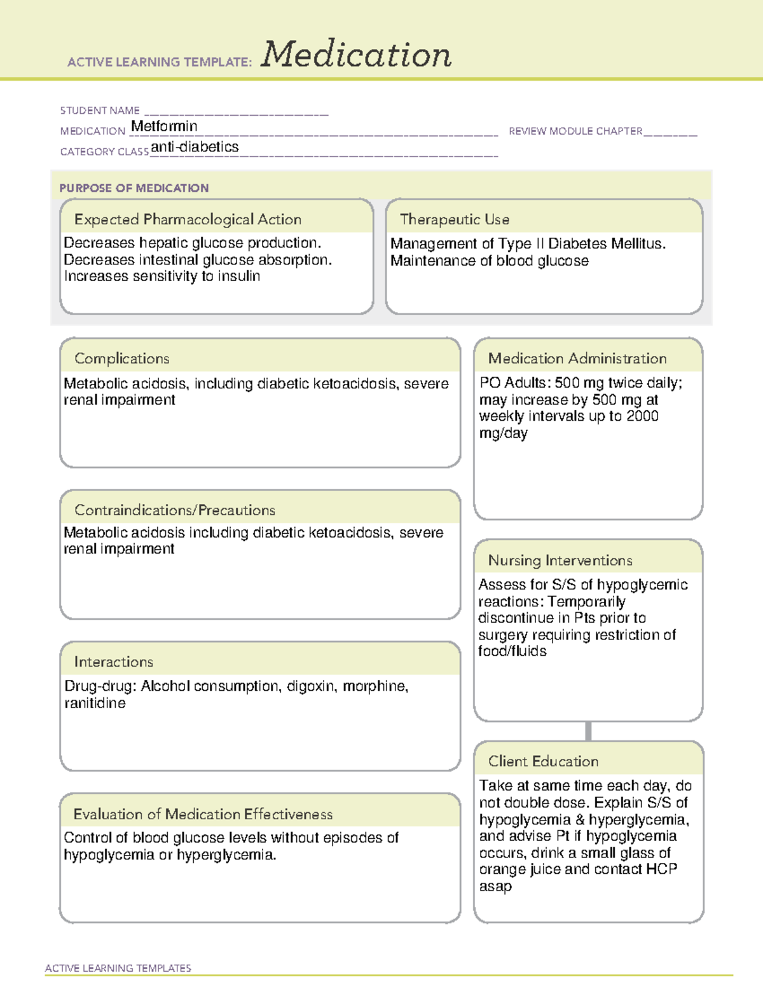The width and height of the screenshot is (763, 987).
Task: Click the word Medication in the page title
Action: click(356, 55)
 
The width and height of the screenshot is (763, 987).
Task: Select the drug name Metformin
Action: click(164, 126)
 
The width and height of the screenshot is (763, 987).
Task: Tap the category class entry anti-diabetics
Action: click(195, 147)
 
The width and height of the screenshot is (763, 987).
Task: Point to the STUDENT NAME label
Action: click(100, 111)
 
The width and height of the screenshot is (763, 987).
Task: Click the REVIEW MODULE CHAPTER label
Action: click(575, 131)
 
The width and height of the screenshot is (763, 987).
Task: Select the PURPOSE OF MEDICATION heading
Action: click(134, 188)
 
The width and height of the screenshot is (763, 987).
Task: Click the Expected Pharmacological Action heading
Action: click(188, 219)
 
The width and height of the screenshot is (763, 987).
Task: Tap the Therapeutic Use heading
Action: click(455, 219)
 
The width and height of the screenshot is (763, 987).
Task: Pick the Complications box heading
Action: click(122, 358)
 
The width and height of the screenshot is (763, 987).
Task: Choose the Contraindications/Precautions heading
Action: click(175, 510)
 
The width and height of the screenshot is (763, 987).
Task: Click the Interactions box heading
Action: click(114, 662)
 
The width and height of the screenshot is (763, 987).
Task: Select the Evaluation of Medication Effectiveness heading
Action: click(203, 814)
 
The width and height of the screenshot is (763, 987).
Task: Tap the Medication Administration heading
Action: click(577, 358)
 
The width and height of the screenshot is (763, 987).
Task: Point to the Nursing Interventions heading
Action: click(560, 561)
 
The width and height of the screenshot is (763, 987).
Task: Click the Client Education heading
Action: click(543, 761)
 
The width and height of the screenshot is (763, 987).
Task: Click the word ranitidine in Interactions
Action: click(95, 704)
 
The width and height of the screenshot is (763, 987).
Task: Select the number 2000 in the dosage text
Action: click(642, 416)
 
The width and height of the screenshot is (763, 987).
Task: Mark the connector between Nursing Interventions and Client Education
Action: click(588, 731)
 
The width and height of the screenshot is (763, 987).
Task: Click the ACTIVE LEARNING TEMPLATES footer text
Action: click(118, 968)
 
